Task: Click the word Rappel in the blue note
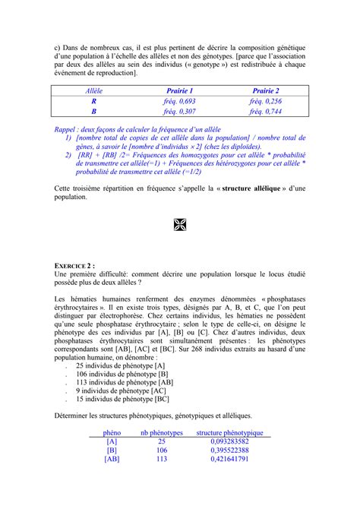(x=68, y=130)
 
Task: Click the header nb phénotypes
(x=162, y=432)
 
